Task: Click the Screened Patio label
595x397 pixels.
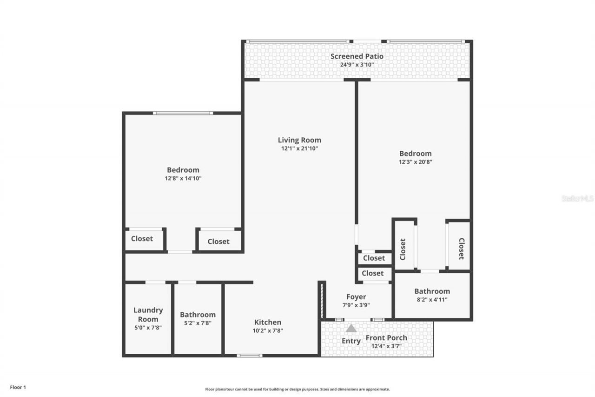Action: tap(357, 56)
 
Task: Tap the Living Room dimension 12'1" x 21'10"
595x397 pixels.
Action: tap(299, 148)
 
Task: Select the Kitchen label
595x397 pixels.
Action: tap(267, 322)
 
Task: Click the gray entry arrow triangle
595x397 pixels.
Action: tap(351, 328)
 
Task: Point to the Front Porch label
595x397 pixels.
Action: tap(386, 337)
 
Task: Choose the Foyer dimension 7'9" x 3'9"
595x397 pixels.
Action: tap(356, 305)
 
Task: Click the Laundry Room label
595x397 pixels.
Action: tap(148, 315)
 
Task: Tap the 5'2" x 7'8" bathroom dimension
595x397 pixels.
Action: tap(198, 323)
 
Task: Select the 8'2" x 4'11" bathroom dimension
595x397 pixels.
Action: tap(432, 300)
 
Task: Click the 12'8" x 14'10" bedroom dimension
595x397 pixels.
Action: tap(183, 178)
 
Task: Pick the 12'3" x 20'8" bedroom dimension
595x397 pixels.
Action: tap(415, 162)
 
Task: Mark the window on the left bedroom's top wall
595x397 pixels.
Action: tap(183, 113)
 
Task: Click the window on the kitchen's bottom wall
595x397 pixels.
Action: tap(249, 356)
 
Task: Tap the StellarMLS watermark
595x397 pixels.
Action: tap(577, 198)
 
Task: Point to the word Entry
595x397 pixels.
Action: tap(351, 341)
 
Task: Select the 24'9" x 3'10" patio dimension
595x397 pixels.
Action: tap(357, 65)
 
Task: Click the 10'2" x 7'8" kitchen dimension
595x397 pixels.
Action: tap(267, 330)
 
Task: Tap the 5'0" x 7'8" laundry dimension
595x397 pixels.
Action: tap(148, 328)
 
